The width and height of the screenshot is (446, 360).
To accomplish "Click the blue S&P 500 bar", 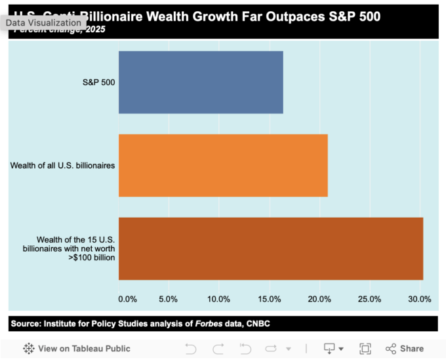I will click(x=200, y=82).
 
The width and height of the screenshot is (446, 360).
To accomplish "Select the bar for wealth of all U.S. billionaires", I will click(x=223, y=165).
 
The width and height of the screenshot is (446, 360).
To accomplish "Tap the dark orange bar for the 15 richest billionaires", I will click(x=270, y=249).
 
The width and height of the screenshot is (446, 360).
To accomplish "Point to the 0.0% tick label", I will click(x=127, y=300).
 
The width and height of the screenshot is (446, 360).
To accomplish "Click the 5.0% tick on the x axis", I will click(x=169, y=300).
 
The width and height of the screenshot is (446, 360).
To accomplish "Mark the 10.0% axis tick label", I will click(x=218, y=300).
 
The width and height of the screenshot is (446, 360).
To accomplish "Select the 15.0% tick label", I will click(x=269, y=300).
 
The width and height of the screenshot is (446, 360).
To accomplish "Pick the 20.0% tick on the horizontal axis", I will click(x=319, y=300).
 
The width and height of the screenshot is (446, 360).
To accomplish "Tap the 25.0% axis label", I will click(x=369, y=300).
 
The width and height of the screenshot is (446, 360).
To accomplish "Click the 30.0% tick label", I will click(x=420, y=300).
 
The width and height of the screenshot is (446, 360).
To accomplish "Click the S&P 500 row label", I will click(x=98, y=83).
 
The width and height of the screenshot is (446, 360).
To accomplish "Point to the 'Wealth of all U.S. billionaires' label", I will click(x=62, y=165).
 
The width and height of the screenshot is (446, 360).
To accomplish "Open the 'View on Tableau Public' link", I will click(x=77, y=348).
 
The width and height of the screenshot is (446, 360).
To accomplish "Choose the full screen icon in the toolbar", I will click(x=365, y=348).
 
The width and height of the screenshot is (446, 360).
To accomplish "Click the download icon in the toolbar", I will click(x=330, y=348).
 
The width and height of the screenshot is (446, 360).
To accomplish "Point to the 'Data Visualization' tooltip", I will click(x=43, y=22).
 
